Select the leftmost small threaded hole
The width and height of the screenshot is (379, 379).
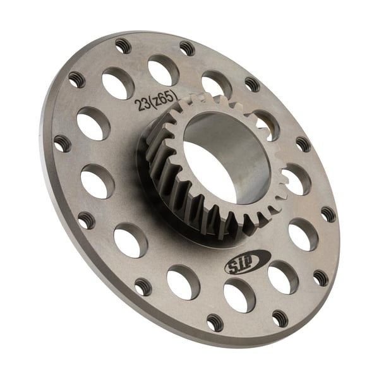pyautogui.click(x=62, y=142)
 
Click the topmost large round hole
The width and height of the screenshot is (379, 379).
pyautogui.click(x=163, y=69)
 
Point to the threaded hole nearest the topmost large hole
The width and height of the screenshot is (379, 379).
pyautogui.click(x=187, y=48)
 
